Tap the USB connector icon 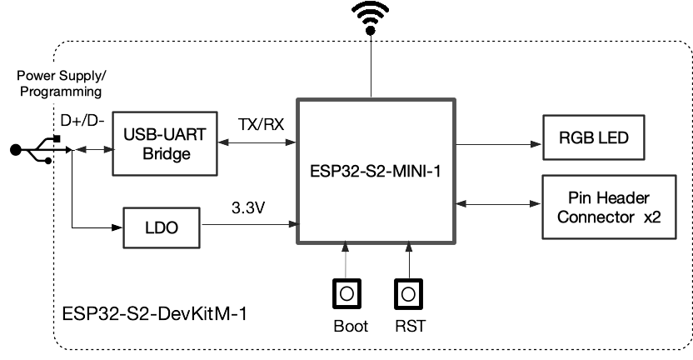tap(32, 150)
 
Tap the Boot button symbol tap(346, 292)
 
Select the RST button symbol tap(408, 292)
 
